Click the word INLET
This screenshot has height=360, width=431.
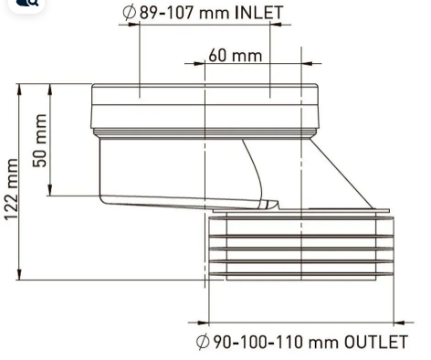point(258,13)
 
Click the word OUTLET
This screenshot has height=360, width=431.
point(375,342)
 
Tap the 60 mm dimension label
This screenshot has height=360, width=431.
point(235,56)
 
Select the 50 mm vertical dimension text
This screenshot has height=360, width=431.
point(40,141)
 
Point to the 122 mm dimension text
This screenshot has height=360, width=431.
point(12,189)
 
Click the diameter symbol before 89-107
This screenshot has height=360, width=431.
point(129,13)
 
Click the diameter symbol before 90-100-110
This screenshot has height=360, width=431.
point(203,342)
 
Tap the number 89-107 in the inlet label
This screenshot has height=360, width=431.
point(166,13)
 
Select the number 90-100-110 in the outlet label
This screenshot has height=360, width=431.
point(258,342)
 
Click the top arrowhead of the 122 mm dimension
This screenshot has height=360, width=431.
point(19,90)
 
